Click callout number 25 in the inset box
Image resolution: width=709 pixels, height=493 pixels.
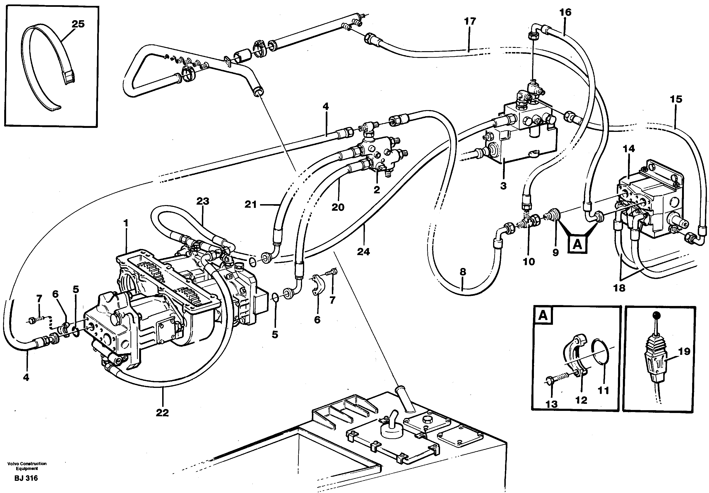click(x=78, y=24)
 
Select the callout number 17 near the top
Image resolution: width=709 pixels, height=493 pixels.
click(x=470, y=21)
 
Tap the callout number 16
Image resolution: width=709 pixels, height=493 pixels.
click(x=565, y=12)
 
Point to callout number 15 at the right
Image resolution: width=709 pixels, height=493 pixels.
click(x=676, y=99)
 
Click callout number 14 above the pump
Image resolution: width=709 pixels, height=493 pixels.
click(x=629, y=149)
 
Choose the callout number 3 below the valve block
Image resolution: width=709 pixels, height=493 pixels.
click(x=503, y=186)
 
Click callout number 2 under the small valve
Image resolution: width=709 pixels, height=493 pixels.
click(x=376, y=190)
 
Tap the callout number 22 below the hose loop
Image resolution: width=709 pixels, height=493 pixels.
click(x=162, y=413)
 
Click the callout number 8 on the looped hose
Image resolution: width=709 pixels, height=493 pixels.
click(x=463, y=272)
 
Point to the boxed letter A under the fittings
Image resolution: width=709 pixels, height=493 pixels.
click(x=577, y=245)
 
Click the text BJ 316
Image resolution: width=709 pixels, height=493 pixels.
click(x=26, y=478)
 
